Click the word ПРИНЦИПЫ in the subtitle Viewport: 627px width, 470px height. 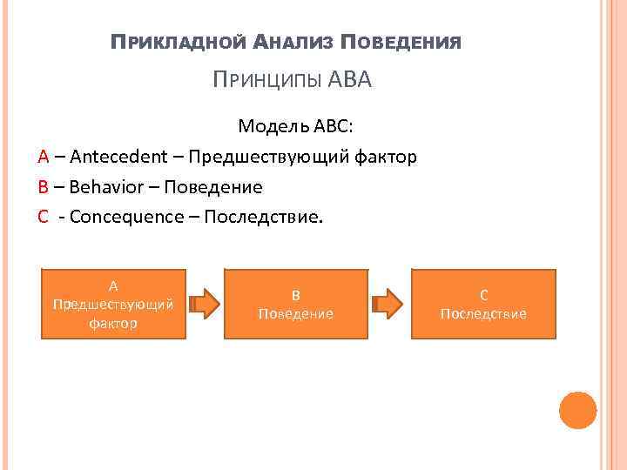coord(268,81)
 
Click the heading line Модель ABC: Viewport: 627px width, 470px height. coord(296,127)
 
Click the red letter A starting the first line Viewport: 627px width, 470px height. coord(43,157)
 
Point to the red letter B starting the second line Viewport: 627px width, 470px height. coord(43,186)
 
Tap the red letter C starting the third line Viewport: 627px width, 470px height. coord(43,216)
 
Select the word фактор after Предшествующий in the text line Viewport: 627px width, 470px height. coord(384,157)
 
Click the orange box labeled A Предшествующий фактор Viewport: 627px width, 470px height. coord(113,304)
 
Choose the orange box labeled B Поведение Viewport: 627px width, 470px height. coord(295,304)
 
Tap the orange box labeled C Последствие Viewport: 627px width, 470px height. coord(483,304)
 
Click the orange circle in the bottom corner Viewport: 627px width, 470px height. coord(577,410)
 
